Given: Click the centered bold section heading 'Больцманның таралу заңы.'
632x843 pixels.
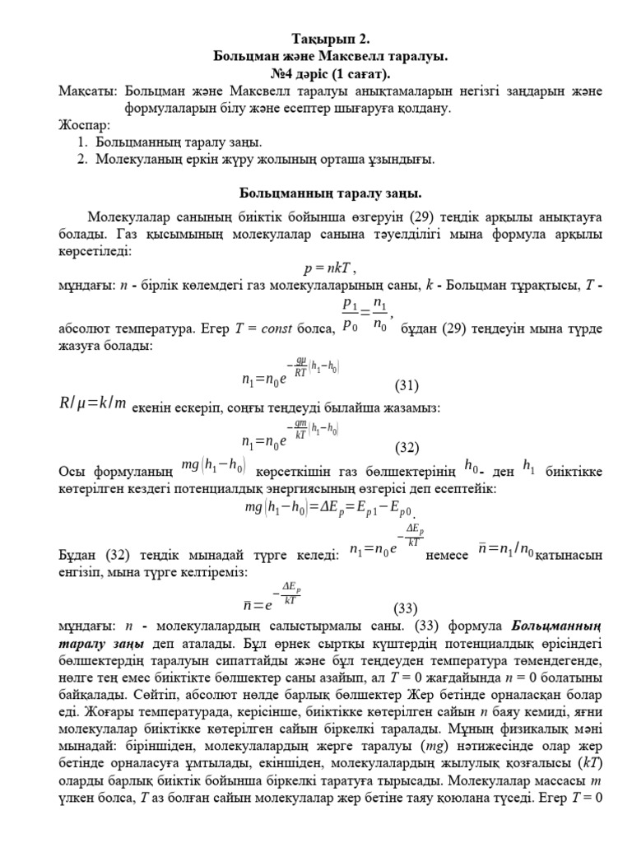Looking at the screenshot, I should pyautogui.click(x=330, y=193).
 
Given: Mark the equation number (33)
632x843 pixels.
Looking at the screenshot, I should pyautogui.click(x=405, y=608).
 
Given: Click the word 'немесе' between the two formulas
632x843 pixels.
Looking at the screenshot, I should pyautogui.click(x=448, y=556).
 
